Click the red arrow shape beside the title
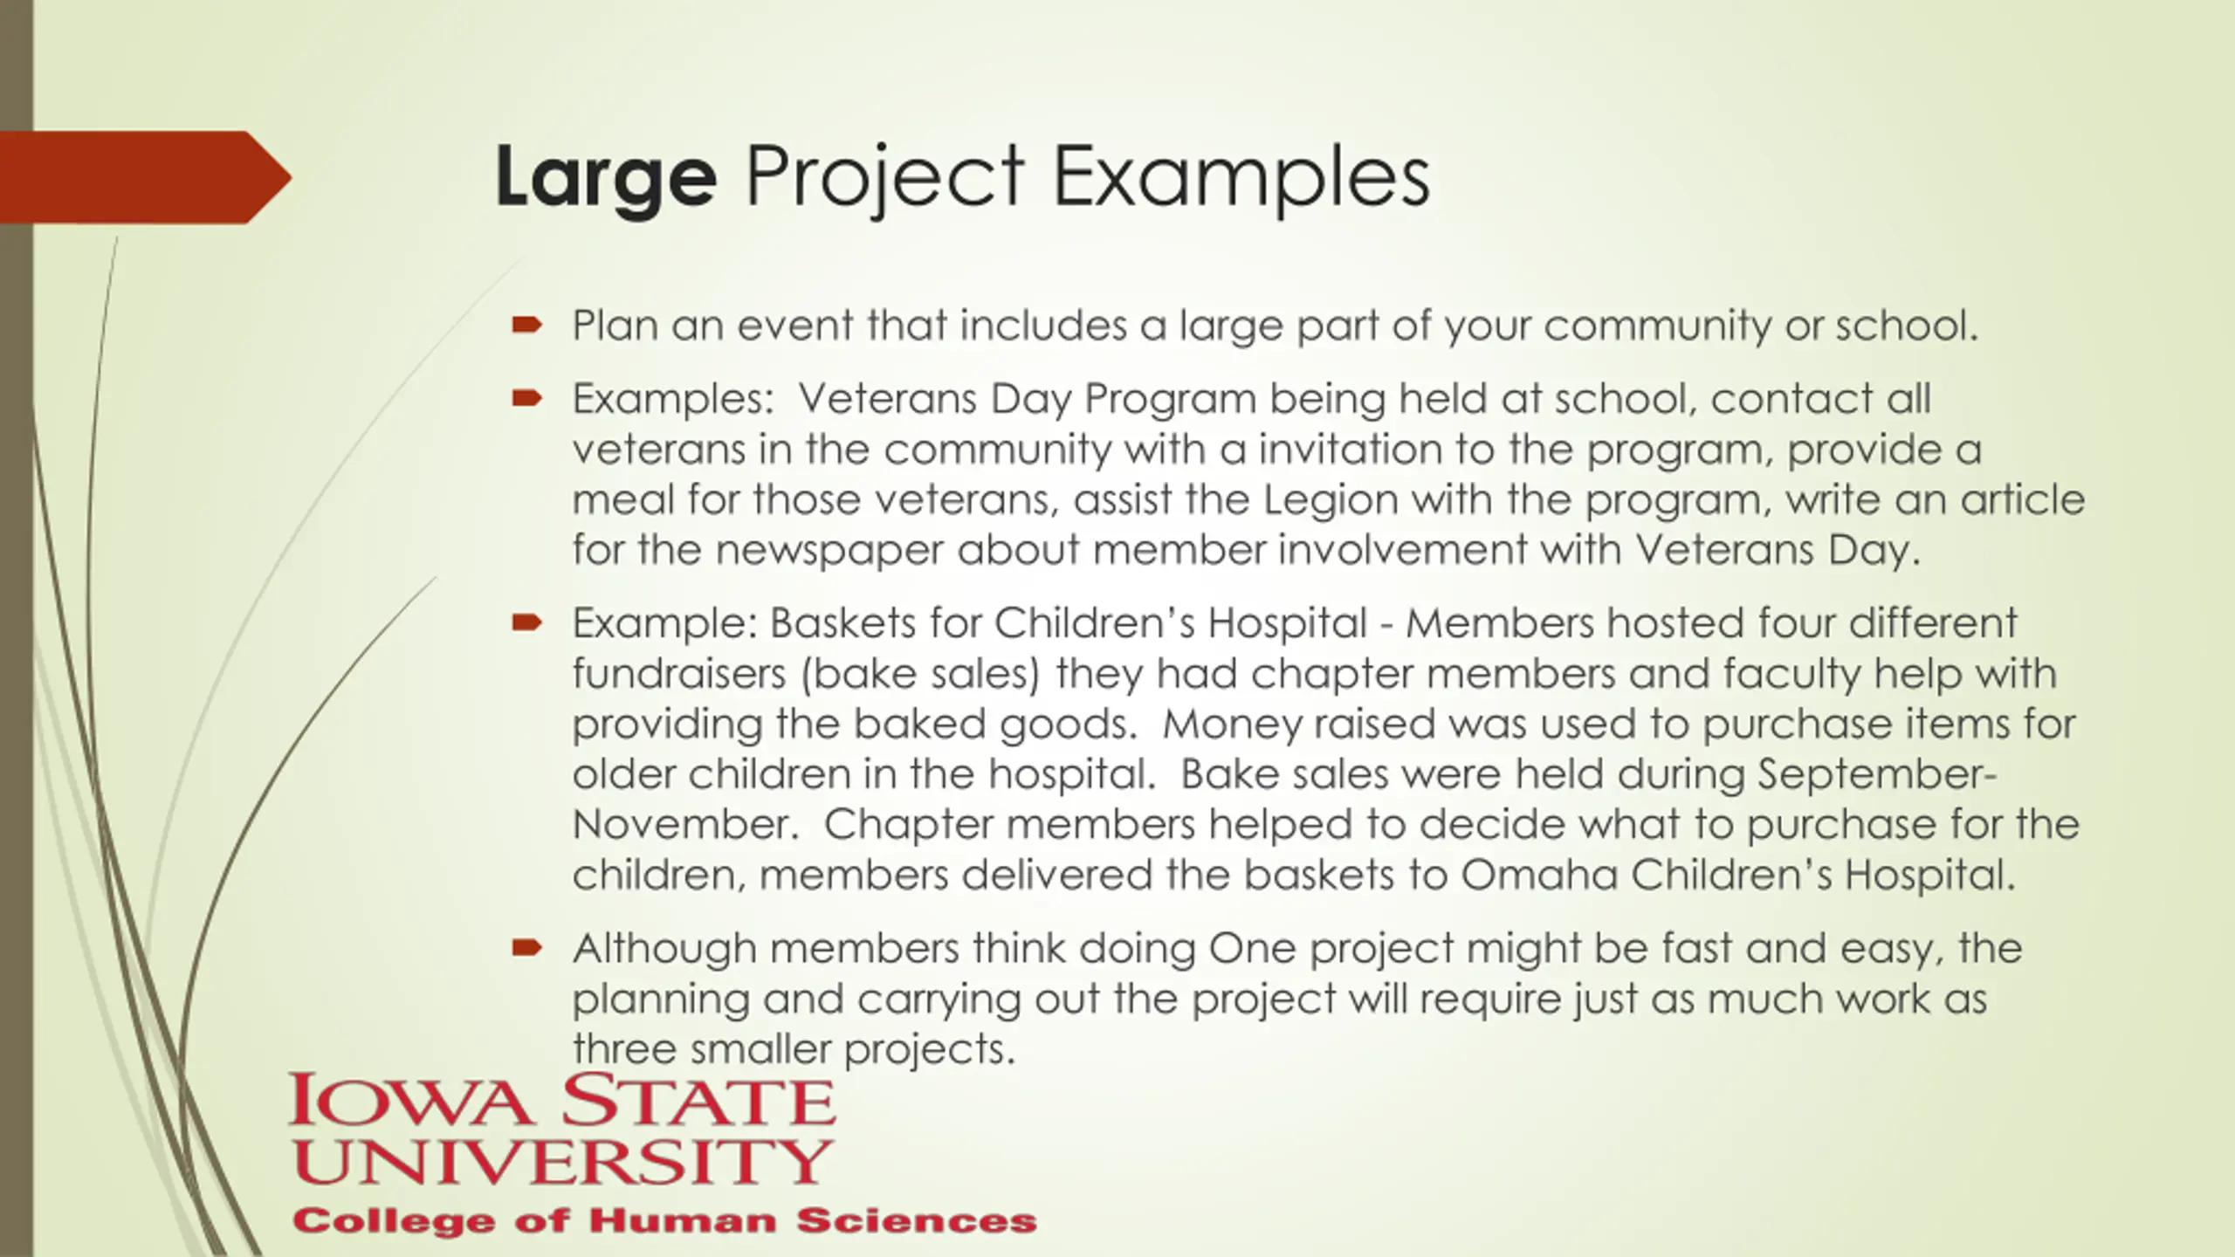[145, 177]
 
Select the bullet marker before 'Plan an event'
[527, 326]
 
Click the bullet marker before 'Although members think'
[527, 948]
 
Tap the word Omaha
[1538, 875]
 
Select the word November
[682, 824]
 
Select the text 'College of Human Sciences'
[664, 1221]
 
